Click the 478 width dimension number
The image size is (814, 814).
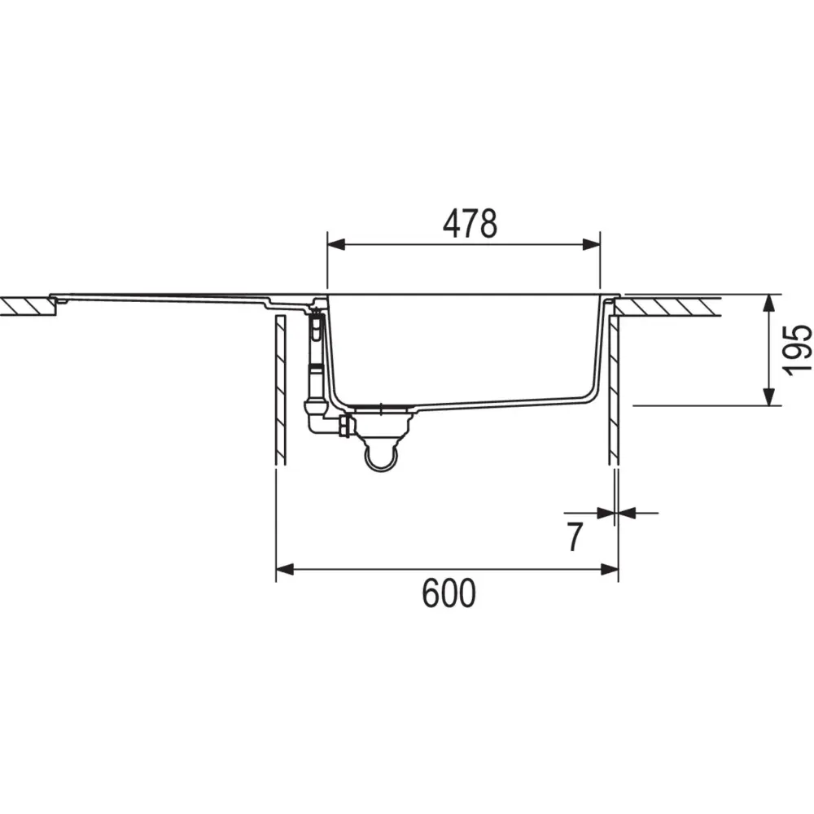point(470,225)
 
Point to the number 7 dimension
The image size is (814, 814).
point(575,537)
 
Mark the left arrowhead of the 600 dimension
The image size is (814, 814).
point(285,569)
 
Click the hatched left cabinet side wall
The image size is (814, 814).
point(280,391)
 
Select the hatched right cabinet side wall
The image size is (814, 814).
point(615,391)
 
